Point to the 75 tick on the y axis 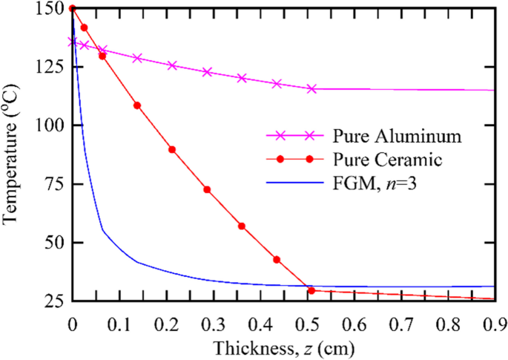click(x=52, y=184)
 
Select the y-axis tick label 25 click(x=52, y=301)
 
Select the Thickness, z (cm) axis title click(x=282, y=347)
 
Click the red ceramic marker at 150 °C click(x=72, y=8)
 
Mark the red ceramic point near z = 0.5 click(x=311, y=290)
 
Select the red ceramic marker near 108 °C click(x=137, y=105)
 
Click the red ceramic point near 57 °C click(x=242, y=226)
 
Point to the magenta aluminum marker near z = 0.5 click(x=311, y=88)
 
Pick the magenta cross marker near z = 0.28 click(x=207, y=72)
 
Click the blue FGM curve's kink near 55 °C click(x=103, y=231)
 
